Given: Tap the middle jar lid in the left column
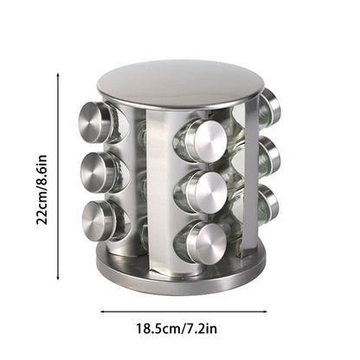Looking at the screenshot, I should pyautogui.click(x=98, y=171).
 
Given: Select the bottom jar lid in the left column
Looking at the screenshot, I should pyautogui.click(x=98, y=219).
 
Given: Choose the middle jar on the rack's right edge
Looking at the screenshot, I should pyautogui.click(x=271, y=156).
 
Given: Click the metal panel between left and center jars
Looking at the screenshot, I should pyautogui.click(x=160, y=190).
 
